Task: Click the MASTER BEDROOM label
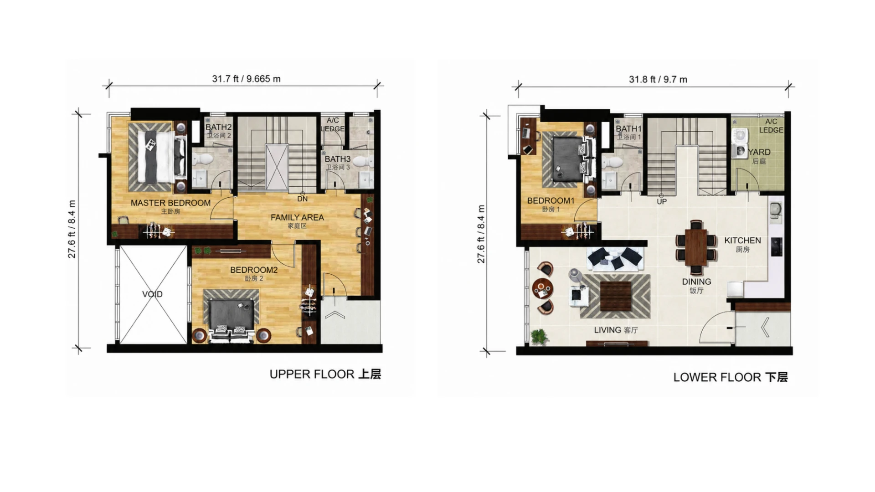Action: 170,203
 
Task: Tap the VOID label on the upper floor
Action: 152,294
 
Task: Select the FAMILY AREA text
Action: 297,217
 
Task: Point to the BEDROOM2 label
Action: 254,270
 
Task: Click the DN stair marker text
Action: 303,199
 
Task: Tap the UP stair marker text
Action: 662,201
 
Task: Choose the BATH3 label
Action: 338,159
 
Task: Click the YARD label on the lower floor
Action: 759,152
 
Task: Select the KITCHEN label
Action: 743,240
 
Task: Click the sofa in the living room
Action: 615,259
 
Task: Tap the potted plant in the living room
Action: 540,336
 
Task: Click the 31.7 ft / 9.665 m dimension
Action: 246,79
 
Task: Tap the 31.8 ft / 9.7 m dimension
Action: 658,79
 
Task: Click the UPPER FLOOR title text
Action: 312,374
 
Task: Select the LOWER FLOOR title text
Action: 717,377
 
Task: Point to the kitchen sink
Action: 775,209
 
